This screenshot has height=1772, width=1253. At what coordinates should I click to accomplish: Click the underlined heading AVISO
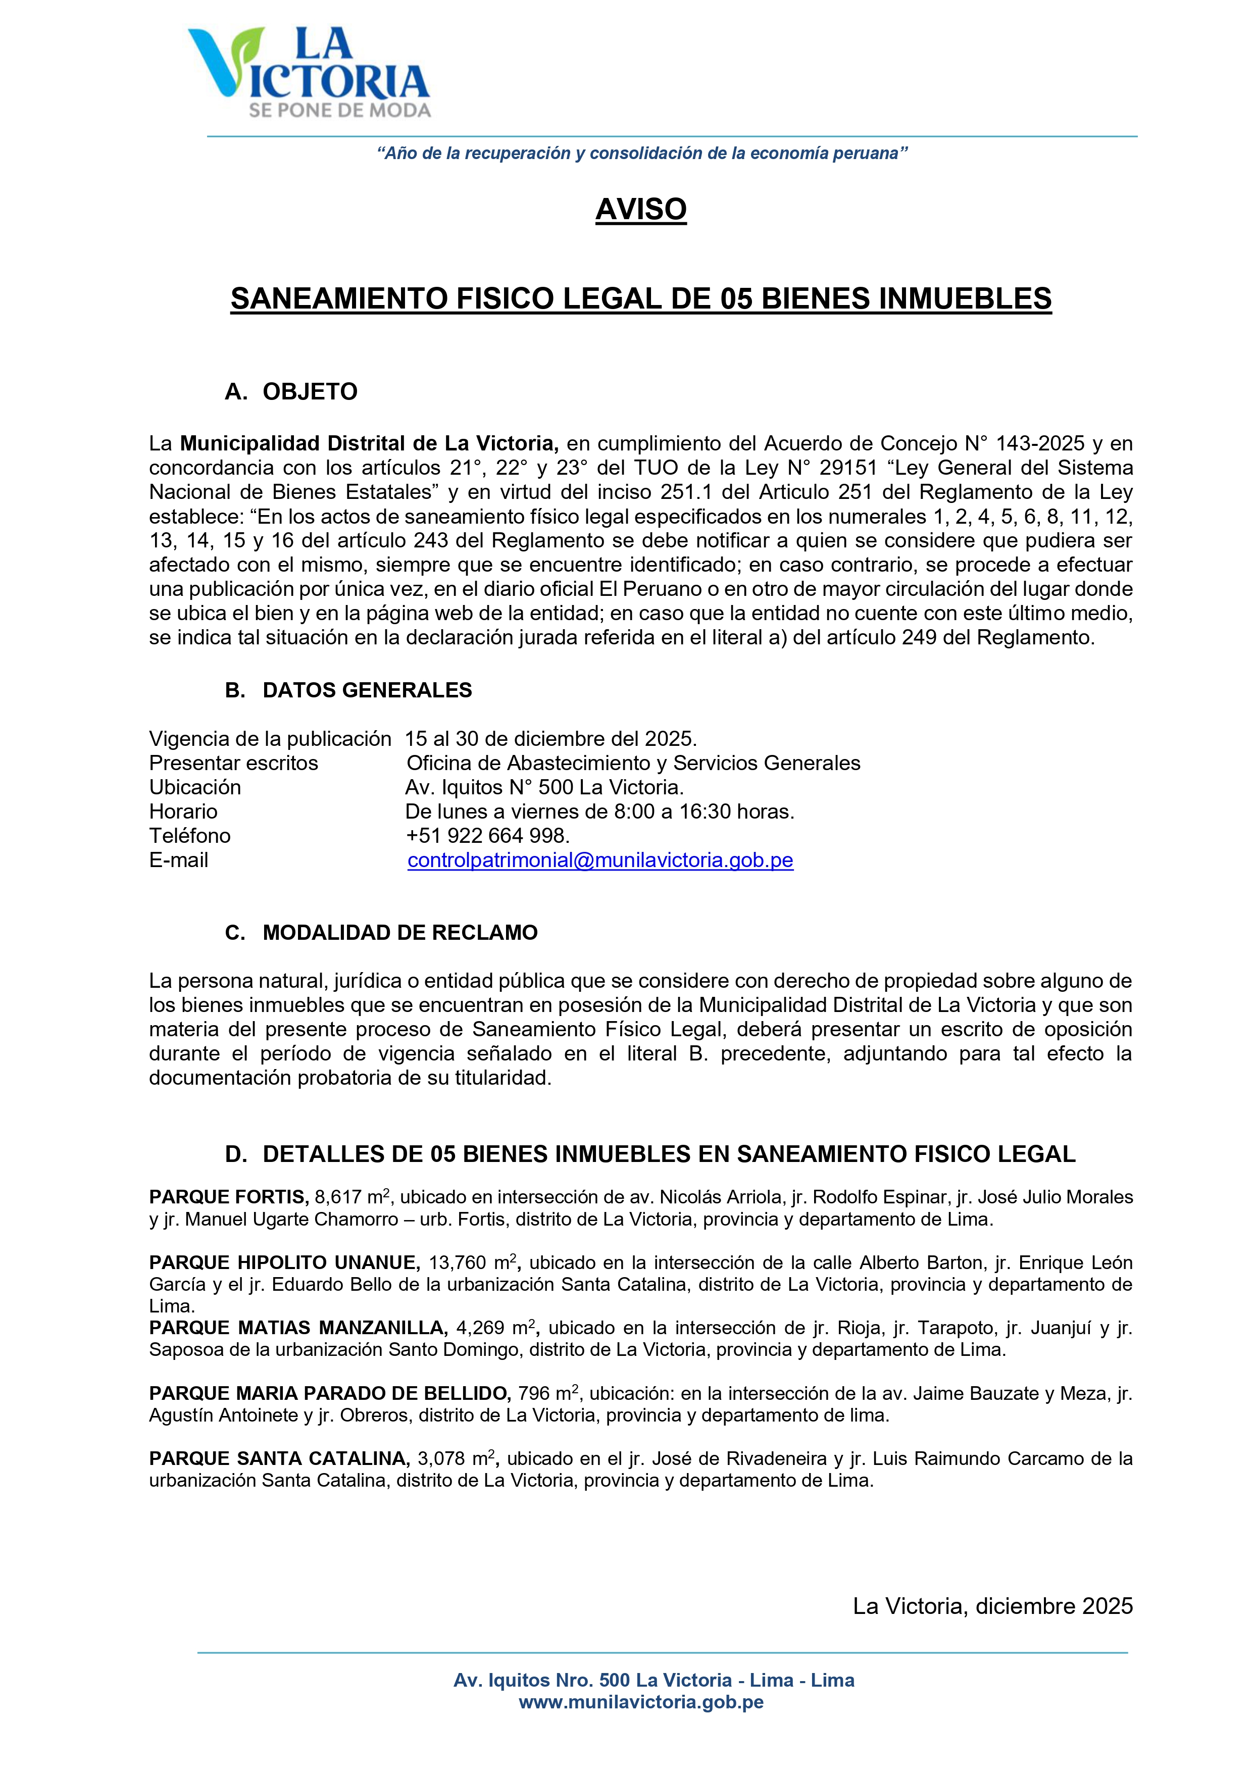[641, 209]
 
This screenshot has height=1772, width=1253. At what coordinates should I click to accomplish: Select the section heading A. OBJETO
[291, 391]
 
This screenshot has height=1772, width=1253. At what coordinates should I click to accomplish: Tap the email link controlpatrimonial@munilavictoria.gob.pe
[600, 860]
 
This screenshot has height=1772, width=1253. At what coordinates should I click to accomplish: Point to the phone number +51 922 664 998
[487, 835]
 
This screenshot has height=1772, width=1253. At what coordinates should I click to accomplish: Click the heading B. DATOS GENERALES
[348, 690]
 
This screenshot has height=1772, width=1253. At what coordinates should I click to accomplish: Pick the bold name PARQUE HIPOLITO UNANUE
[284, 1262]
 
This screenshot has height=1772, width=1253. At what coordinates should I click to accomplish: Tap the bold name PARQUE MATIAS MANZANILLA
[298, 1328]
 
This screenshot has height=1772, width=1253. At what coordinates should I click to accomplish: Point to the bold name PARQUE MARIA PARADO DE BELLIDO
[330, 1393]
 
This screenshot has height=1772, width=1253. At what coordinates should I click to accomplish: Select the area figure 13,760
[457, 1262]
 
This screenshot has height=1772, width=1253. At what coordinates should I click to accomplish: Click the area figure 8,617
[338, 1197]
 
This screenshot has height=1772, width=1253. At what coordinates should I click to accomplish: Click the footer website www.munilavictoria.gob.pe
[641, 1702]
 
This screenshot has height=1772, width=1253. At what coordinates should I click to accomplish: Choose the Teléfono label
[190, 835]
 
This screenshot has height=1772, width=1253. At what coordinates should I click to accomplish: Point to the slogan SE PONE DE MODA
[340, 111]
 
